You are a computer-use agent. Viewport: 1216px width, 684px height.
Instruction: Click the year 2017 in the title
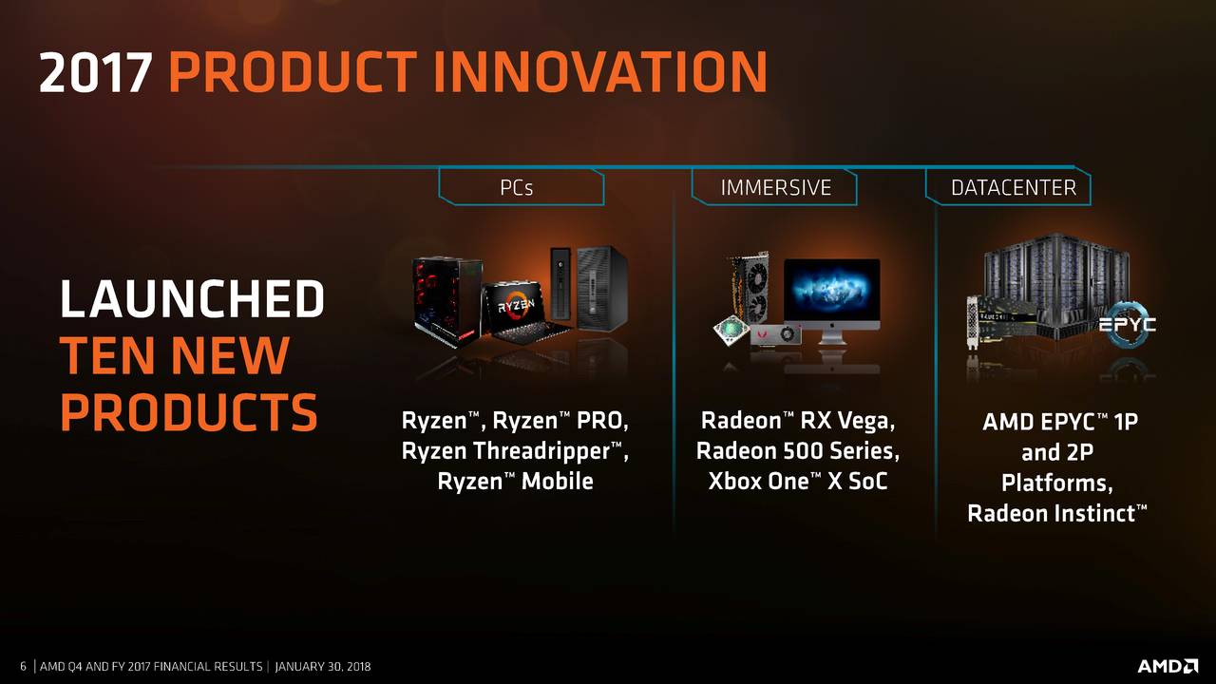pos(95,72)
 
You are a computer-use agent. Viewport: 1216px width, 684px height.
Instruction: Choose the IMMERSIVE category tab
pos(775,187)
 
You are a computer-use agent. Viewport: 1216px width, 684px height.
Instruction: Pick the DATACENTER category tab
pos(1013,187)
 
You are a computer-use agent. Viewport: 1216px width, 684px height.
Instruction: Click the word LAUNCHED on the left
pos(192,299)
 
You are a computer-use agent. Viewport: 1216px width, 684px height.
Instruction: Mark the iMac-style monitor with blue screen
pos(832,294)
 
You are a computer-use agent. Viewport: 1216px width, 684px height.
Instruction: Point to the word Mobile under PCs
pos(556,481)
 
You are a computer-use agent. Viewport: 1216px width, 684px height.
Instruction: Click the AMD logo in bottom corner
pos(1168,666)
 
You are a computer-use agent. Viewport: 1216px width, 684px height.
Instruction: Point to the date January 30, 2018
pos(323,667)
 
